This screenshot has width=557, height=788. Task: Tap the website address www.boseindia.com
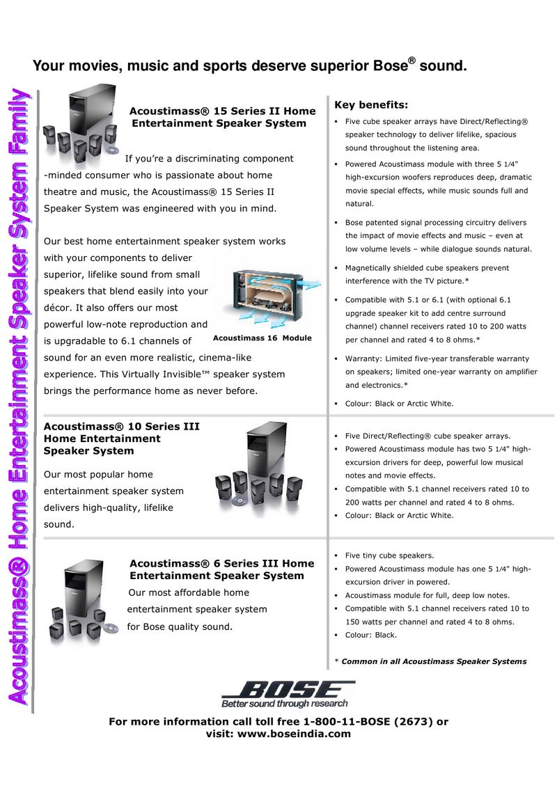294,734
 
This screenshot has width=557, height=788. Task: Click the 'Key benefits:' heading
371,105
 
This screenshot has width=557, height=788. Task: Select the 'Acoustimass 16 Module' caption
262,338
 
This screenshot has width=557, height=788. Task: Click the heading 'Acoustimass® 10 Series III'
122,427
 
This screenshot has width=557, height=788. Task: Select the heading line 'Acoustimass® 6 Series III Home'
221,564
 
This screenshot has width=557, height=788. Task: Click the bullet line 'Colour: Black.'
370,636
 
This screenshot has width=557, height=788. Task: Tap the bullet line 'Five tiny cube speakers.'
389,555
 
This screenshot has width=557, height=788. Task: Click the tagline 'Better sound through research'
285,704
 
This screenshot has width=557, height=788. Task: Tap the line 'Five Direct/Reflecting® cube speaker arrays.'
427,436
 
